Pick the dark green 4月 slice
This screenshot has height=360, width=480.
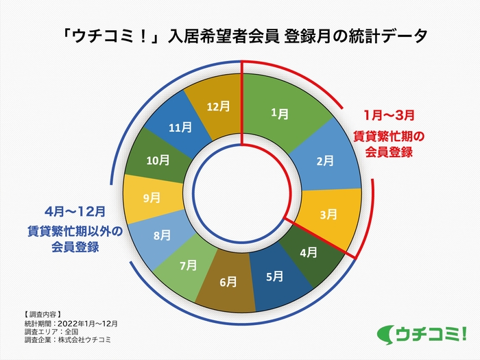(x=309, y=252)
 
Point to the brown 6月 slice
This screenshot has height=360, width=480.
(x=229, y=281)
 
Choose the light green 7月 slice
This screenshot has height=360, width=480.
(x=187, y=265)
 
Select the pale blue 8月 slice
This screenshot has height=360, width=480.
(x=162, y=236)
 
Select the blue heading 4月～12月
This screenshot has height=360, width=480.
(x=75, y=211)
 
